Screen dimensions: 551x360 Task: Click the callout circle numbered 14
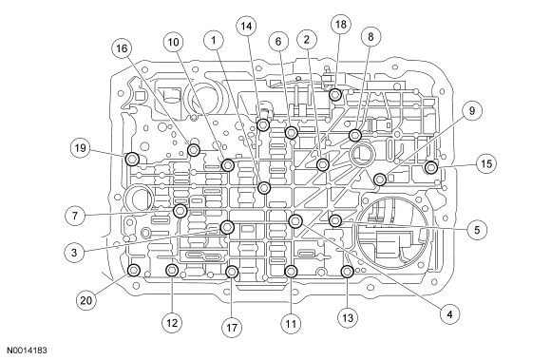pyautogui.click(x=246, y=27)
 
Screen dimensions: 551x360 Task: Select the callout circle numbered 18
pyautogui.click(x=340, y=25)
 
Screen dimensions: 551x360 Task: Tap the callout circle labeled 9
pyautogui.click(x=472, y=111)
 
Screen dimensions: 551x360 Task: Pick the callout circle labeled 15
pyautogui.click(x=486, y=164)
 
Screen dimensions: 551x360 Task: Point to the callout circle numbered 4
pyautogui.click(x=449, y=314)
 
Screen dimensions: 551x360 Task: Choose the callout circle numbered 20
pyautogui.click(x=86, y=301)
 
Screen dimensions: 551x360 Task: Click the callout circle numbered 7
pyautogui.click(x=75, y=216)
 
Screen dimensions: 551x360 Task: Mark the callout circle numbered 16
pyautogui.click(x=122, y=48)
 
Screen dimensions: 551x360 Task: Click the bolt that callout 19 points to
pyautogui.click(x=132, y=160)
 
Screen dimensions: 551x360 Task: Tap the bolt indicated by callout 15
pyautogui.click(x=431, y=167)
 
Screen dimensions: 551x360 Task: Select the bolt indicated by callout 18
pyautogui.click(x=335, y=94)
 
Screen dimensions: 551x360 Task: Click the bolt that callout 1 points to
pyautogui.click(x=264, y=188)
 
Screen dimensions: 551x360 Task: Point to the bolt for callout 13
pyautogui.click(x=347, y=271)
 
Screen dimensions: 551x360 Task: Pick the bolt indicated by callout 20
pyautogui.click(x=134, y=271)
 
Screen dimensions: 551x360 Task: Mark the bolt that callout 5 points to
pyautogui.click(x=335, y=220)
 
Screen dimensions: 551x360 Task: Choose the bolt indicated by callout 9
pyautogui.click(x=380, y=180)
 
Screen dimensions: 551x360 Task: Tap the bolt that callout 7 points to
pyautogui.click(x=180, y=210)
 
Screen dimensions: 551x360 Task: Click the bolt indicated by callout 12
pyautogui.click(x=172, y=271)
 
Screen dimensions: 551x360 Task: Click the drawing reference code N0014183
pyautogui.click(x=27, y=351)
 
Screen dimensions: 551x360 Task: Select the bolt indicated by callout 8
pyautogui.click(x=355, y=135)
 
